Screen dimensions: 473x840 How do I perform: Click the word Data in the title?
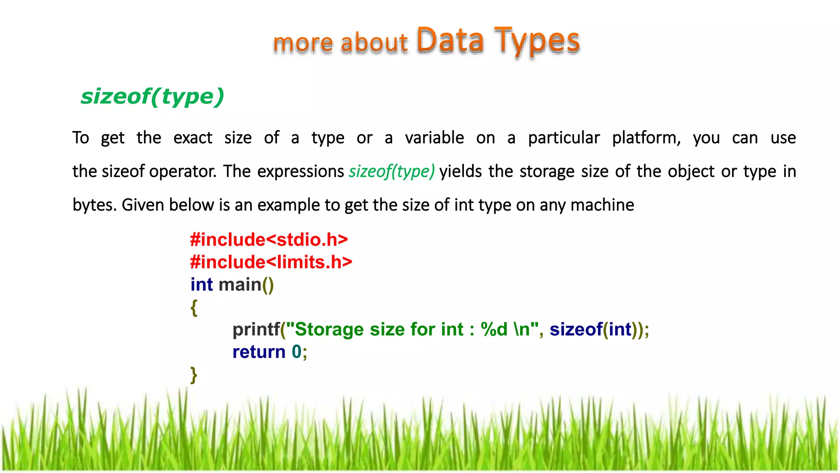pos(450,41)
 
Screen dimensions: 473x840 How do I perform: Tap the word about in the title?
pos(374,43)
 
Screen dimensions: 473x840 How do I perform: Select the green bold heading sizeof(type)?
pos(152,97)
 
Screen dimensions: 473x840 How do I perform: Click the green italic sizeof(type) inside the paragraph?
pos(391,171)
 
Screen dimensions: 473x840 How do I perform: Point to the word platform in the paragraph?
pos(646,138)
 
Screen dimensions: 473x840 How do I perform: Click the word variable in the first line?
pos(434,138)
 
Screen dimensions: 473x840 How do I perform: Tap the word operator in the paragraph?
pos(183,172)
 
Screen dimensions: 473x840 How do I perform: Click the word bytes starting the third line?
pos(94,205)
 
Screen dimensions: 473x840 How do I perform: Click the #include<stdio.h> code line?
pos(269,239)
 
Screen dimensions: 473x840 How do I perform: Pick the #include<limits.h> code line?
pos(271,262)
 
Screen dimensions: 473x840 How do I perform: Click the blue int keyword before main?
pos(201,285)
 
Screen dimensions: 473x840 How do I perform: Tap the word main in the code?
pos(240,285)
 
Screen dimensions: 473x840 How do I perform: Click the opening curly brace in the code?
pos(194,307)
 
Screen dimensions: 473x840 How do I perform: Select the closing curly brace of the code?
pos(194,374)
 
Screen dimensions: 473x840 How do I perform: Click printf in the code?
pos(256,329)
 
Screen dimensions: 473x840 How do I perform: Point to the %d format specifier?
pos(494,329)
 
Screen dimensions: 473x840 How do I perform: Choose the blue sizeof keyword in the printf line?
pos(576,329)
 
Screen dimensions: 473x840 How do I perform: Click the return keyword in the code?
pos(259,352)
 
